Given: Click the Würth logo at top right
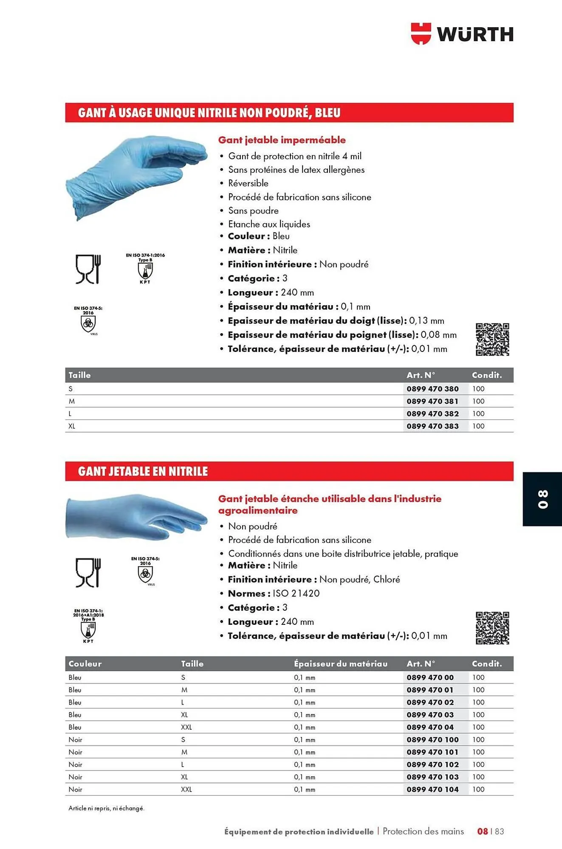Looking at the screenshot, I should pyautogui.click(x=462, y=34).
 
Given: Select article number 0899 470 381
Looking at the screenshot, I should pyautogui.click(x=432, y=401).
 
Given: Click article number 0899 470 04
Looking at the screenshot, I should pyautogui.click(x=430, y=727).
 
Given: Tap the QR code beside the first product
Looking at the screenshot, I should pyautogui.click(x=492, y=339).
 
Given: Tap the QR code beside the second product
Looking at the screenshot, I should pyautogui.click(x=492, y=628).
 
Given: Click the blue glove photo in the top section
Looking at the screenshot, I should pyautogui.click(x=136, y=176).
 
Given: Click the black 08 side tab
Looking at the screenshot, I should pyautogui.click(x=542, y=499).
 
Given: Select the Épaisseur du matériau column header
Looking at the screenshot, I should pyautogui.click(x=340, y=663).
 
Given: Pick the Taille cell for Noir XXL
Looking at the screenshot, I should pyautogui.click(x=186, y=790).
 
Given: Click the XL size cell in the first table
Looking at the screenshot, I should pyautogui.click(x=72, y=426).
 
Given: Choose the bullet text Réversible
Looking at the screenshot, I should pyautogui.click(x=248, y=183).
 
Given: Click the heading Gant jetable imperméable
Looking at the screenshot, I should pyautogui.click(x=282, y=140).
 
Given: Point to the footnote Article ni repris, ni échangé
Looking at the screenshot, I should pyautogui.click(x=106, y=808).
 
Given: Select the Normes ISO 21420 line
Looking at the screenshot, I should pyautogui.click(x=274, y=593).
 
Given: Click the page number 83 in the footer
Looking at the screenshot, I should pyautogui.click(x=499, y=832).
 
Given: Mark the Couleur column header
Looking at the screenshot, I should pyautogui.click(x=85, y=663).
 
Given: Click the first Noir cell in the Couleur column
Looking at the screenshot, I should pyautogui.click(x=75, y=739).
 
